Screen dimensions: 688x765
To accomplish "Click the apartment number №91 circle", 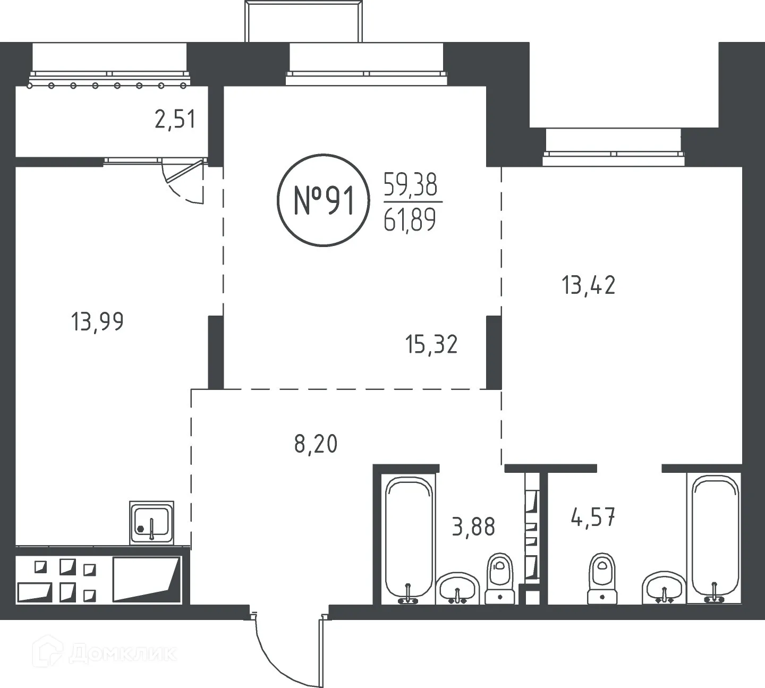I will (x=323, y=200).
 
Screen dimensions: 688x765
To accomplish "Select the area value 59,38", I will (x=410, y=185).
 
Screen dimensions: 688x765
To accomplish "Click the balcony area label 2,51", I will (x=175, y=120).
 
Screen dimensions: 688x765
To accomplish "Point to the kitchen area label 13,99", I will (x=97, y=322).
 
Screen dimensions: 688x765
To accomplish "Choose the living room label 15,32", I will (x=431, y=344).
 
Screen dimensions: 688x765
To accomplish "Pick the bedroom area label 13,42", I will (x=589, y=286).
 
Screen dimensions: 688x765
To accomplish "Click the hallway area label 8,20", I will (x=316, y=444).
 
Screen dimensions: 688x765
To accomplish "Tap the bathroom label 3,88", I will (x=473, y=527).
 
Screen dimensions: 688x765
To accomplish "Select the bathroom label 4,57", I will (x=593, y=517).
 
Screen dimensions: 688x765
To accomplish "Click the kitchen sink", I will (x=151, y=522).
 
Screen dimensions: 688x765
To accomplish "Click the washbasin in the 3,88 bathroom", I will (x=457, y=588).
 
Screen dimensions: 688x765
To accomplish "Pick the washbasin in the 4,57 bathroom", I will (x=664, y=588).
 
